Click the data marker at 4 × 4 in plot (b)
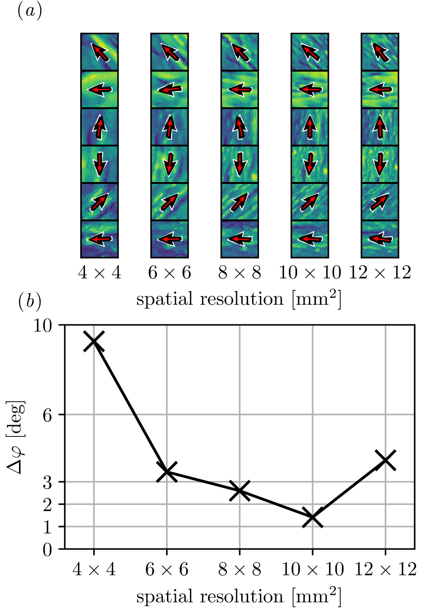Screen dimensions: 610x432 (x=94, y=342)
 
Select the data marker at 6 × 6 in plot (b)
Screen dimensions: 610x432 (x=167, y=472)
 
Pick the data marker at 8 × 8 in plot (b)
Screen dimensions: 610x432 (x=240, y=491)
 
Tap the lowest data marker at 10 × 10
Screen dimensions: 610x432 (x=313, y=518)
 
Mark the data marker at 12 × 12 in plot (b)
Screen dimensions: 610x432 (x=386, y=460)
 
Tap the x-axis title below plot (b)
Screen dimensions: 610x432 (x=239, y=597)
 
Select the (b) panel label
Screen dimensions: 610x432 (x=29, y=302)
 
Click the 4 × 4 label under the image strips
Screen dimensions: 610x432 (x=99, y=273)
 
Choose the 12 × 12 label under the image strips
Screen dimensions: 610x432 (x=380, y=273)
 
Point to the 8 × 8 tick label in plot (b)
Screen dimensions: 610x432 (x=240, y=569)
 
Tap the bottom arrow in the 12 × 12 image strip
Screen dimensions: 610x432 (x=380, y=239)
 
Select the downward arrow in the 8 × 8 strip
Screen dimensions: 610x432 (x=240, y=163)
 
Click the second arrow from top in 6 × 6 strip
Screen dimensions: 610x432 (x=169, y=89)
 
